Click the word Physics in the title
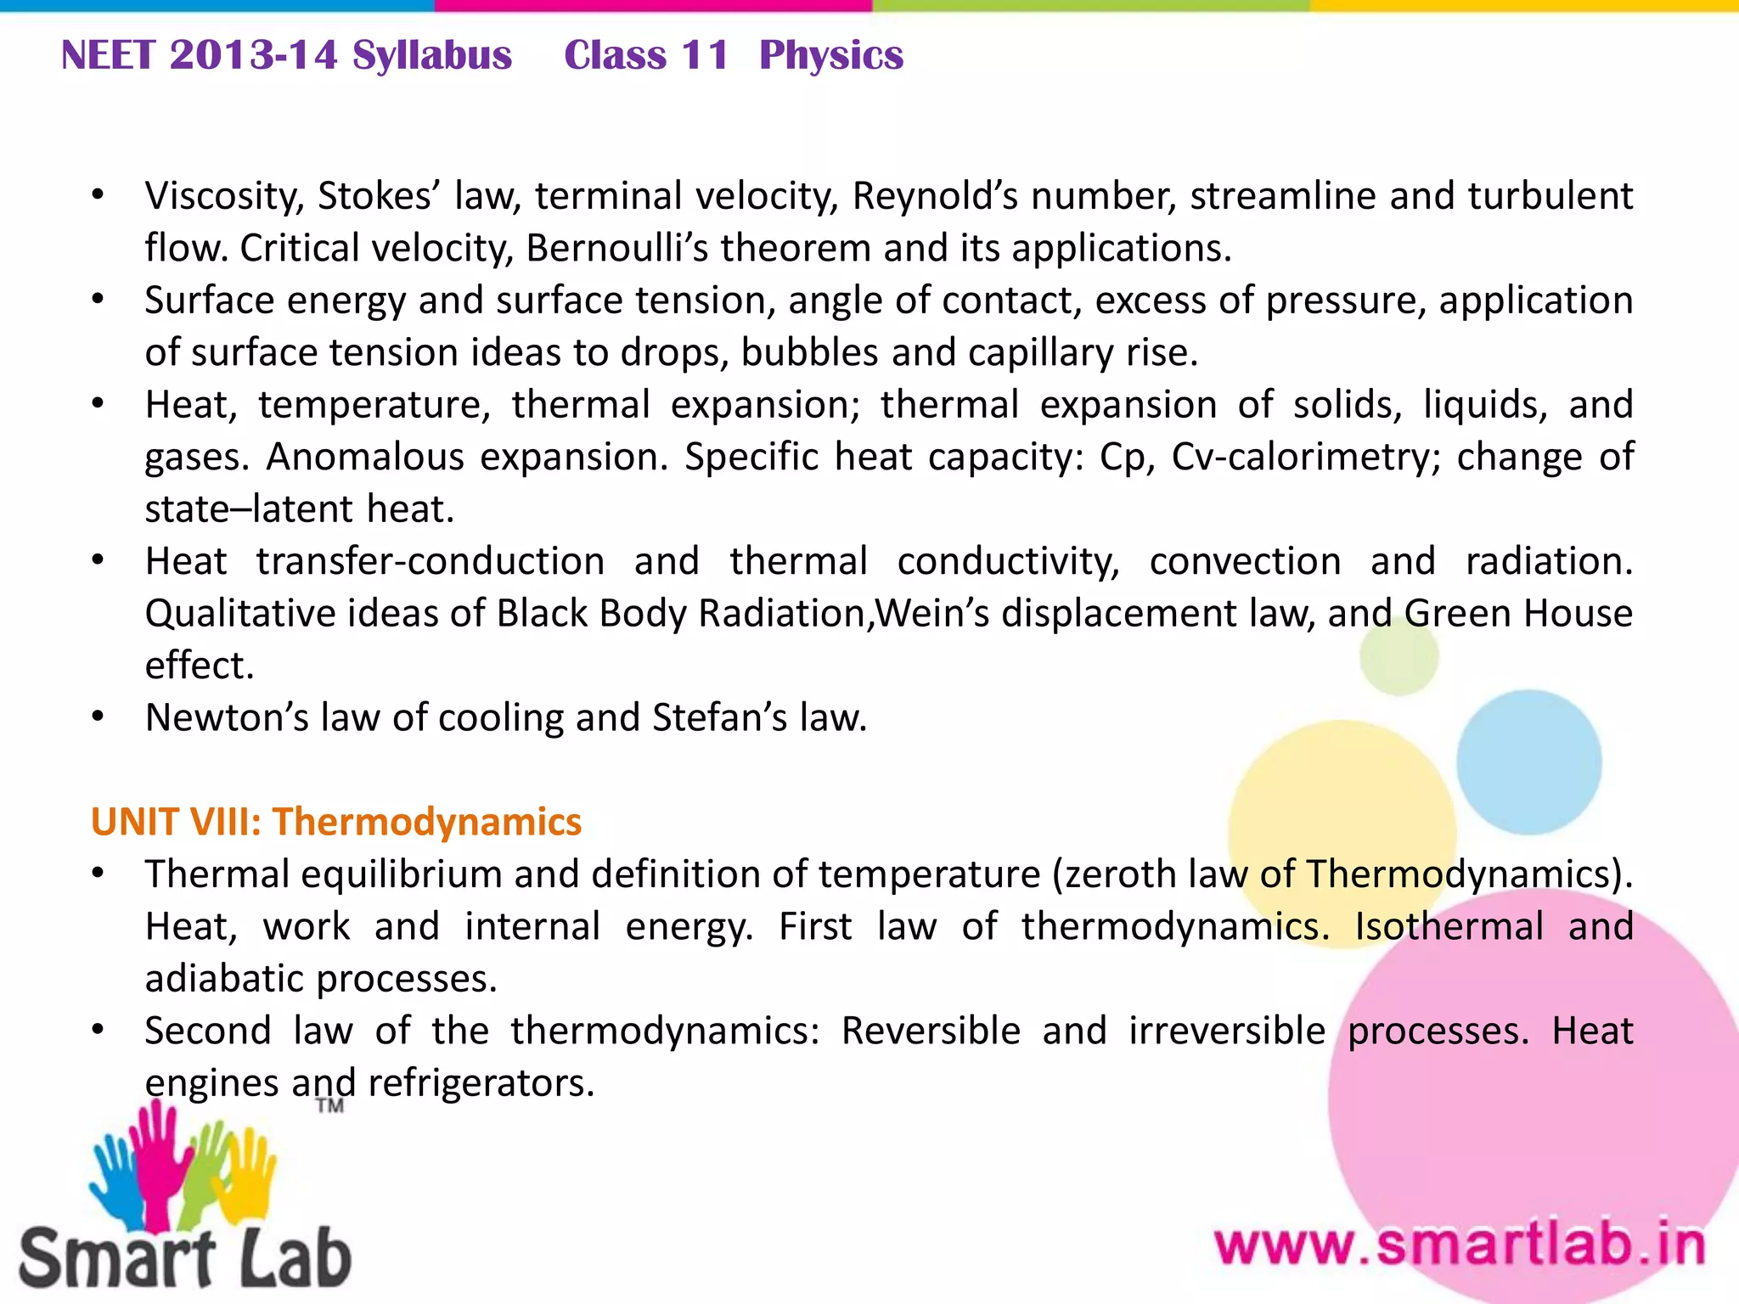[x=830, y=56]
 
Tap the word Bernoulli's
[x=616, y=249]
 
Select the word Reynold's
[x=935, y=196]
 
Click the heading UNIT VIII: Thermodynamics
[x=336, y=822]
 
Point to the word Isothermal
[x=1449, y=926]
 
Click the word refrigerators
[x=481, y=1083]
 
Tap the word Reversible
[x=931, y=1031]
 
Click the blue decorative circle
[x=1528, y=762]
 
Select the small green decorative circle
[x=1399, y=656]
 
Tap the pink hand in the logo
[x=155, y=1163]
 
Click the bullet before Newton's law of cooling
[x=98, y=718]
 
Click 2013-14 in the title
[x=253, y=56]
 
